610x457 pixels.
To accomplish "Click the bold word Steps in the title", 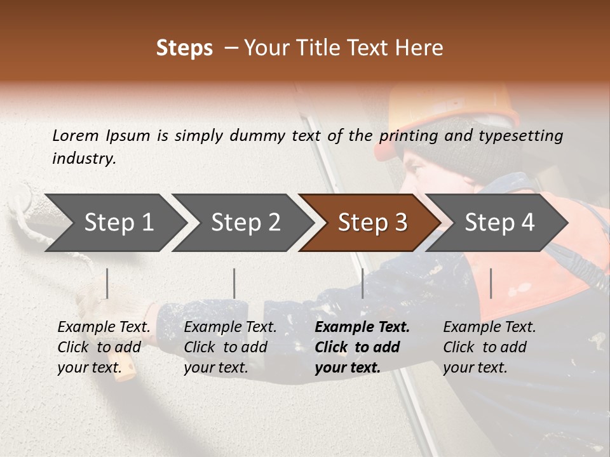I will (184, 48).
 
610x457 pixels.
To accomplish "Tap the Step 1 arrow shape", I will (114, 222).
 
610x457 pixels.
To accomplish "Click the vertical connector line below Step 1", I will (107, 283).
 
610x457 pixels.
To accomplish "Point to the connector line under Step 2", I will (234, 283).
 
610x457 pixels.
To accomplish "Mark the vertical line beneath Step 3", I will (362, 283).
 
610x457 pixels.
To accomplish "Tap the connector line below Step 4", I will (491, 283).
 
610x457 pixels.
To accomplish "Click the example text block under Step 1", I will (104, 347).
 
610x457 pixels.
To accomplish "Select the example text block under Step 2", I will (230, 347).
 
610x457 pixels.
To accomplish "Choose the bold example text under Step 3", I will (362, 347).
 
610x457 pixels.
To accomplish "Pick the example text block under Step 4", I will (489, 347).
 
